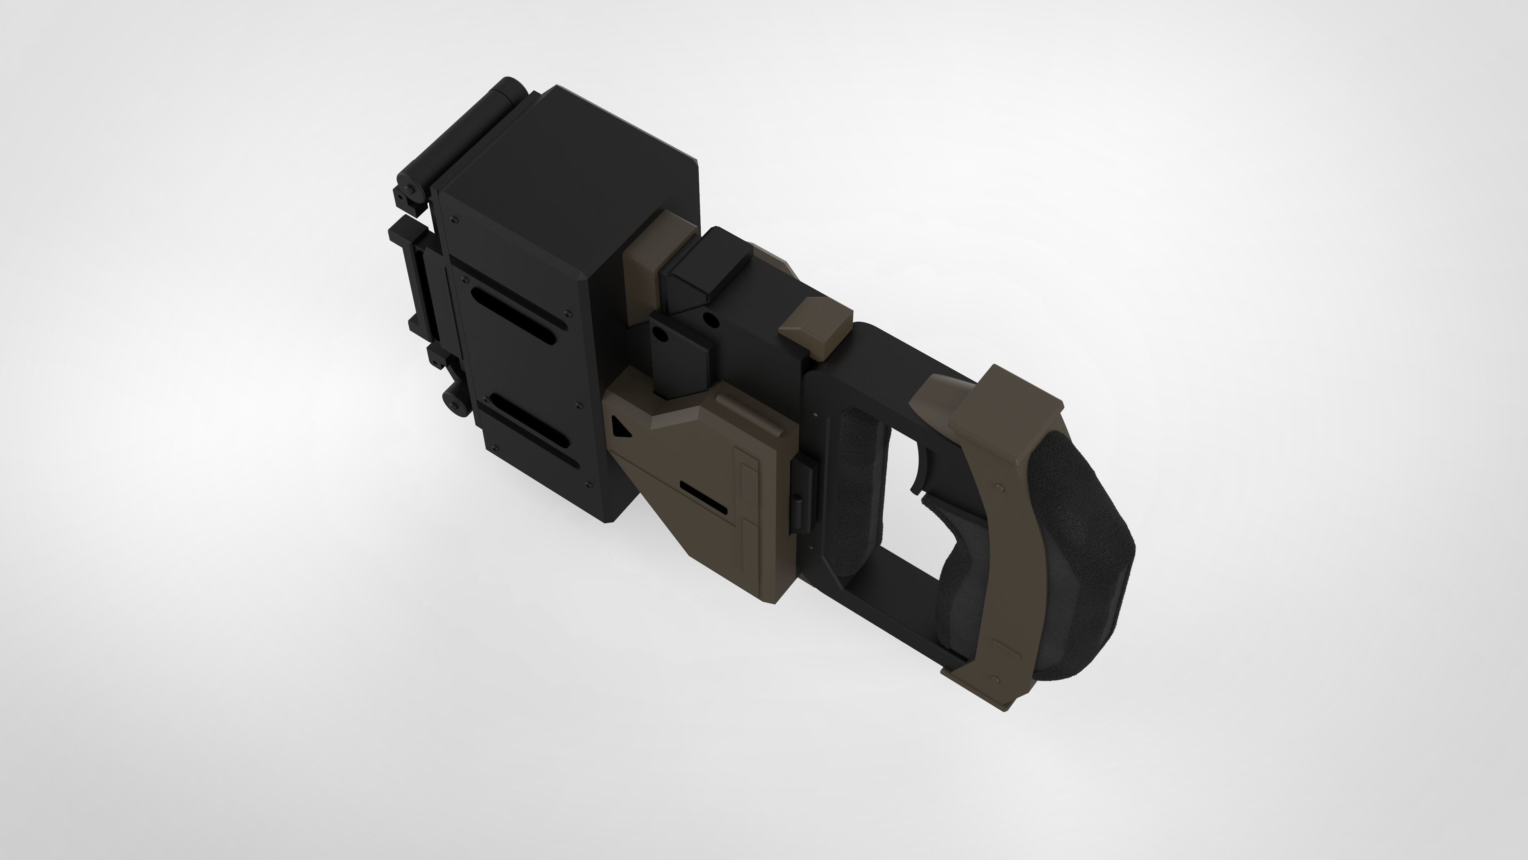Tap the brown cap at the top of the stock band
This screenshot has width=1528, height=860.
point(1002,404)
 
